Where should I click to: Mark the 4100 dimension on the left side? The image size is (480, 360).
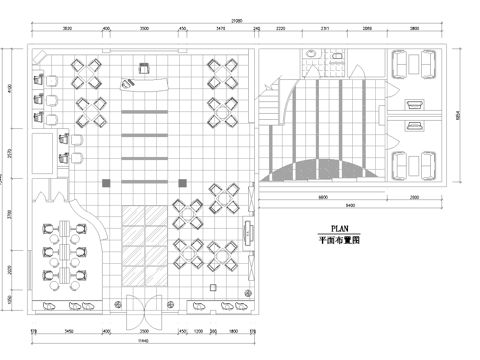[10, 90]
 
